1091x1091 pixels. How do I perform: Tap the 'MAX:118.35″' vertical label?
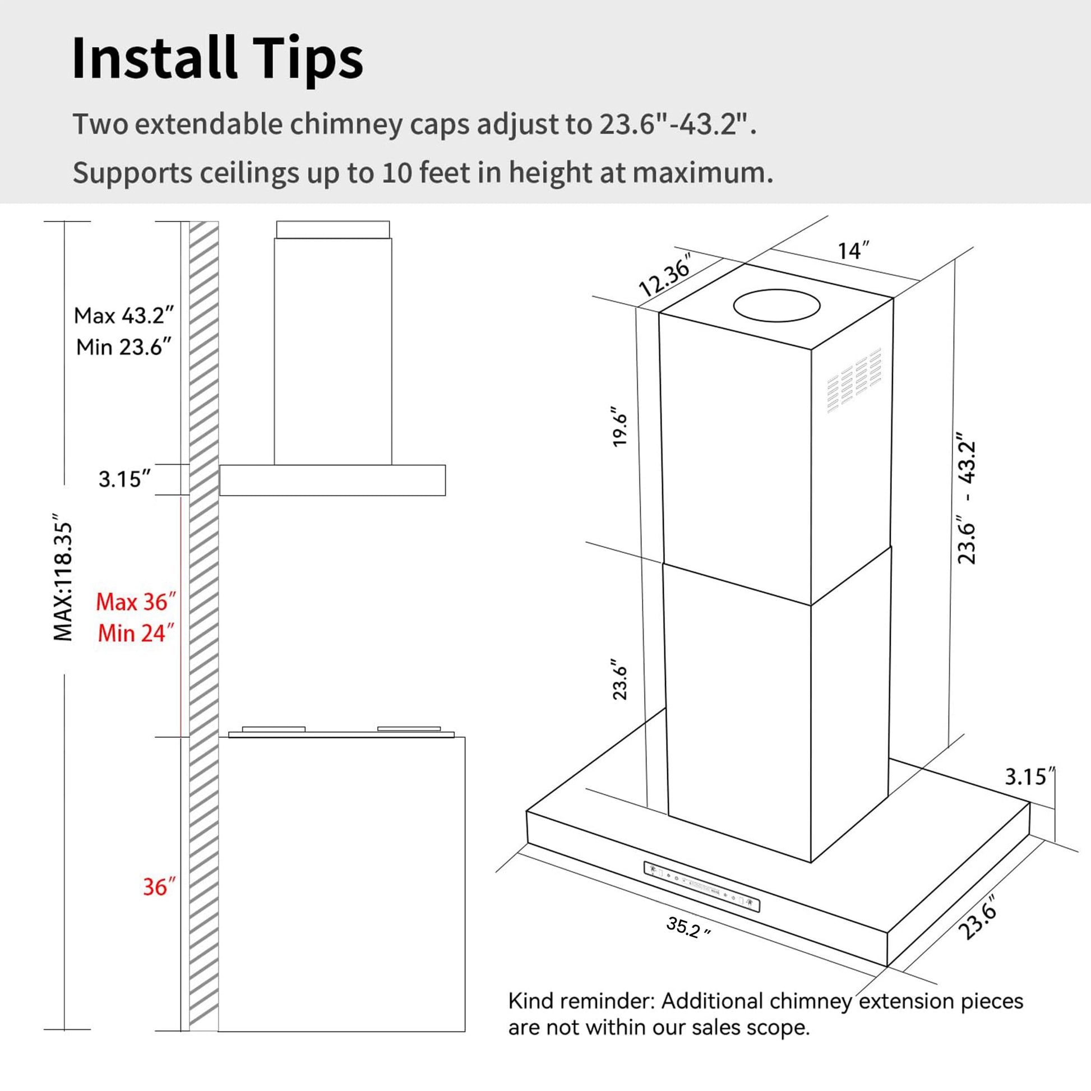[63, 577]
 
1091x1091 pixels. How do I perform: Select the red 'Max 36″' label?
[136, 602]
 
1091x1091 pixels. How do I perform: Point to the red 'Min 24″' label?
[136, 633]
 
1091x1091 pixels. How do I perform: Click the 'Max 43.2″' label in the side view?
[124, 316]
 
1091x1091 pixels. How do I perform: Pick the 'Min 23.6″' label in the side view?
[124, 346]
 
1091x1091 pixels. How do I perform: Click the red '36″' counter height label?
[159, 886]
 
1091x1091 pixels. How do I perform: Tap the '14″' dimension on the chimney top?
[853, 251]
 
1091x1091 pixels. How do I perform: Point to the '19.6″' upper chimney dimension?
[620, 426]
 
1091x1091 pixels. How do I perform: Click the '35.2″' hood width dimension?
[688, 927]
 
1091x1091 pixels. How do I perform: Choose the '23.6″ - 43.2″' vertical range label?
[967, 498]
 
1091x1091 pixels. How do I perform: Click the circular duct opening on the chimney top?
[776, 306]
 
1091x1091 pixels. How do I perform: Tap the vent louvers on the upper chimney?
[854, 380]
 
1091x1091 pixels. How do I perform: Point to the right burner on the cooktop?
[409, 729]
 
